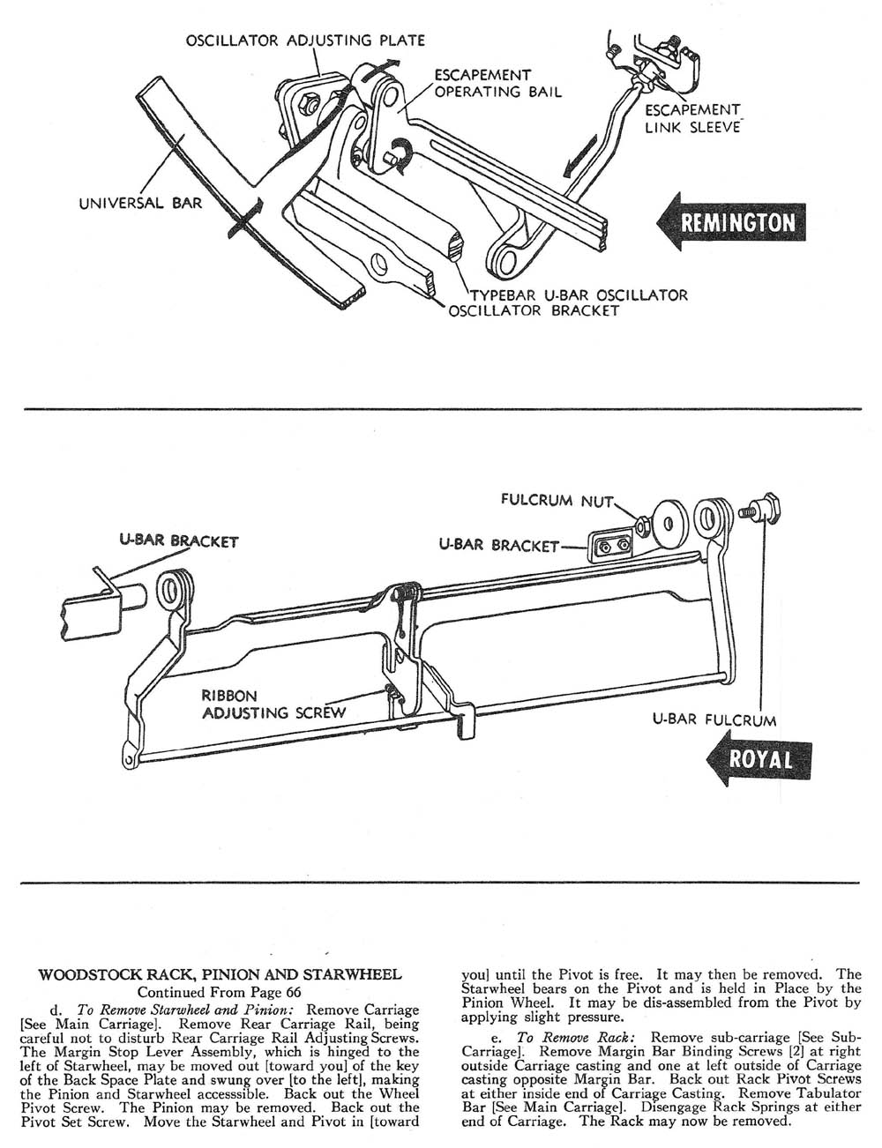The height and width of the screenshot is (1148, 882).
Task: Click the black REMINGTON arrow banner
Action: (736, 220)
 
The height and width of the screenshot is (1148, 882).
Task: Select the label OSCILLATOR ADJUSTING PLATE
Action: (305, 41)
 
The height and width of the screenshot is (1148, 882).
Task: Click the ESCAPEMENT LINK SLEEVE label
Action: (692, 118)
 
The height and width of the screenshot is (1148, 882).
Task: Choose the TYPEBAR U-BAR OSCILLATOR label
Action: (571, 295)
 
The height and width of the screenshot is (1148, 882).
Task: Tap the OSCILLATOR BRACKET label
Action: (534, 311)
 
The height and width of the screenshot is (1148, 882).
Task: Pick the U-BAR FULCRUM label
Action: (714, 719)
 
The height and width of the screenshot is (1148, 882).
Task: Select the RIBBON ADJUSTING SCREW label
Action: (273, 703)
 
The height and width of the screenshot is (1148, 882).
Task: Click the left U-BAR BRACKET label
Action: (179, 540)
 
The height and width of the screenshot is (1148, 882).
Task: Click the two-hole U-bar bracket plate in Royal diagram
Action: (611, 547)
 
